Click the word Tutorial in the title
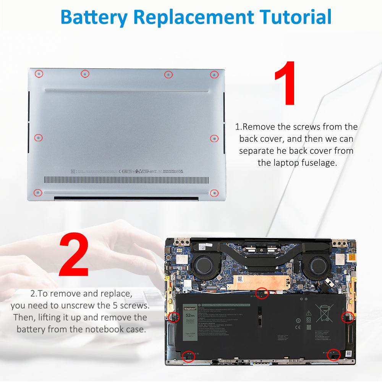coord(295,17)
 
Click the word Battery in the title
coord(94,17)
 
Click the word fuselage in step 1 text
coord(318,163)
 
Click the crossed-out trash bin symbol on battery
coord(325,313)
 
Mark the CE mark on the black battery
coord(298,327)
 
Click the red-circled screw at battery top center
coord(262,293)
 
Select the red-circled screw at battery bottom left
coord(188,357)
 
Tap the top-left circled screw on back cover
coord(39,73)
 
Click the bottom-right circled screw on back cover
coord(214,193)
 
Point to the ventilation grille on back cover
coord(126,180)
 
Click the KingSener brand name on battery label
coord(189,308)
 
